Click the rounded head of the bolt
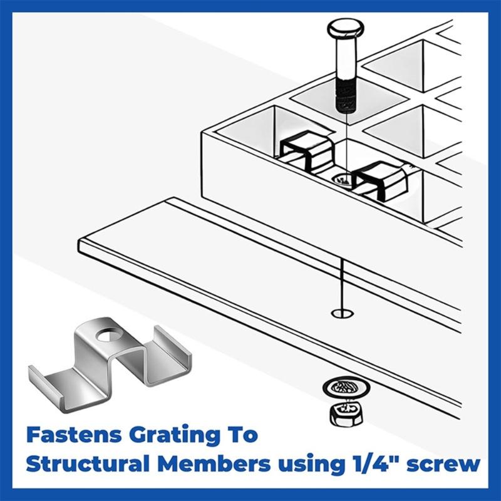coord(344,29)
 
